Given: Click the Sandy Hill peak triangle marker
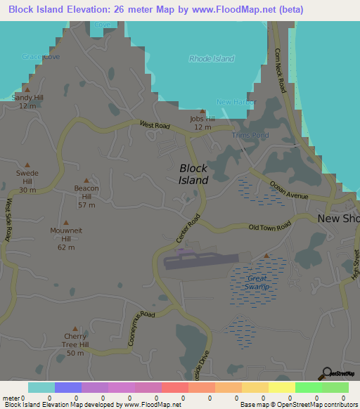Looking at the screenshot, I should tap(27, 89).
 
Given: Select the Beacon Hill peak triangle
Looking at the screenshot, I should tap(86, 180).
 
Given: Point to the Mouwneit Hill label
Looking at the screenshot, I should tap(65, 235).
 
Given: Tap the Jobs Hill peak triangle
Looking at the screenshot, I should tap(202, 111).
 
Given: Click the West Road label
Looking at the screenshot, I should tap(155, 125).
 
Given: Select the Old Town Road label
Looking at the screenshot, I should tap(269, 227).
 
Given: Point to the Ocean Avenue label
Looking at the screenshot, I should tap(289, 190).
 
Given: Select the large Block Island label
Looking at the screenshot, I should tap(193, 174).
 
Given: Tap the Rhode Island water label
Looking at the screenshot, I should tap(211, 59).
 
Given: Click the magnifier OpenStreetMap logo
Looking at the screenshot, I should tap(327, 372).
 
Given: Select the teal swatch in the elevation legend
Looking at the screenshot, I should tap(41, 387).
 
